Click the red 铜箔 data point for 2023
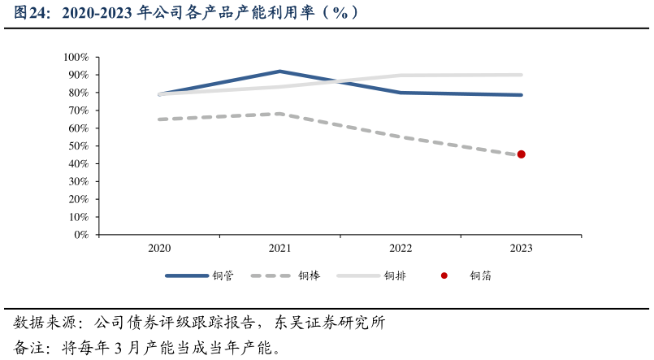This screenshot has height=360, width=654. click(521, 154)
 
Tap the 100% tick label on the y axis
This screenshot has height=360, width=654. click(76, 58)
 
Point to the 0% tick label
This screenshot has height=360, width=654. click(81, 235)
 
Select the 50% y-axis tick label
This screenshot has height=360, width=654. click(79, 146)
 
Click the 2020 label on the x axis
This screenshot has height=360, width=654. click(159, 249)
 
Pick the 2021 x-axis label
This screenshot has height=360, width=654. click(279, 249)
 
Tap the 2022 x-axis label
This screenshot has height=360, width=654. click(401, 249)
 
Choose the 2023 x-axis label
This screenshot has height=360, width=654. click(521, 249)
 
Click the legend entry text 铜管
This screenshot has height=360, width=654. click(223, 276)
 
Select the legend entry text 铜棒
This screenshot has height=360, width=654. click(310, 276)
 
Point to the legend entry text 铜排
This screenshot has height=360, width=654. click(396, 276)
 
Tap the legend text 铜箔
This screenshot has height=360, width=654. click(481, 276)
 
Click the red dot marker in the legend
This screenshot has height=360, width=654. click(444, 276)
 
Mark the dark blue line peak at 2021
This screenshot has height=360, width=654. click(279, 72)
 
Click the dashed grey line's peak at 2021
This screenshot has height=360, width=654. click(279, 114)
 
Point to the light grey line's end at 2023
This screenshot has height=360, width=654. click(521, 75)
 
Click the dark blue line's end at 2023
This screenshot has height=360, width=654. click(521, 95)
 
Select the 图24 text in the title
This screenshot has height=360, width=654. click(32, 14)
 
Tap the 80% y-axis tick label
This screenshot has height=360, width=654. click(79, 93)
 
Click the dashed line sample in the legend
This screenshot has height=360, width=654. click(271, 276)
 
